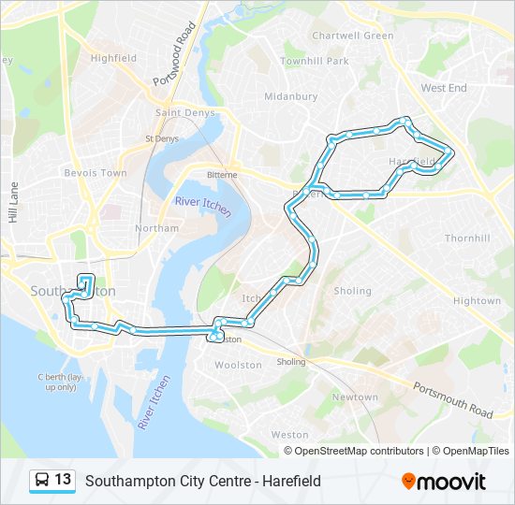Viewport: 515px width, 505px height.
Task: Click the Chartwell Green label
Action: [352, 36]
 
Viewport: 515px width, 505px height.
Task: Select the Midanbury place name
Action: [290, 96]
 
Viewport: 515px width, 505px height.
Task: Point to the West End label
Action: [444, 88]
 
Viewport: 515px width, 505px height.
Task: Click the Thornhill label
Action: [467, 238]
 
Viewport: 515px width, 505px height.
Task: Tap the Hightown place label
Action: [477, 301]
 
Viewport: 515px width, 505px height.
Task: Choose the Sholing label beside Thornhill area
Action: [352, 291]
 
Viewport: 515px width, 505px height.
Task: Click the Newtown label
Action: [355, 397]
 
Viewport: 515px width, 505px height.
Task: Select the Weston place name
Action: [289, 435]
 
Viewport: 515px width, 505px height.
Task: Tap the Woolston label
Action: [238, 365]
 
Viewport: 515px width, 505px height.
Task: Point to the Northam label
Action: [156, 228]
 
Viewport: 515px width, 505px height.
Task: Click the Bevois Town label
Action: [95, 173]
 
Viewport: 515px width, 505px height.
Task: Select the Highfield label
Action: [113, 58]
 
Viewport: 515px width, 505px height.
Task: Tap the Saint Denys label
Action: [184, 113]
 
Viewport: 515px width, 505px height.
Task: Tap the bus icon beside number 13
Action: [42, 481]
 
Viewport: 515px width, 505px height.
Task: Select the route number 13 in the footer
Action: [63, 480]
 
